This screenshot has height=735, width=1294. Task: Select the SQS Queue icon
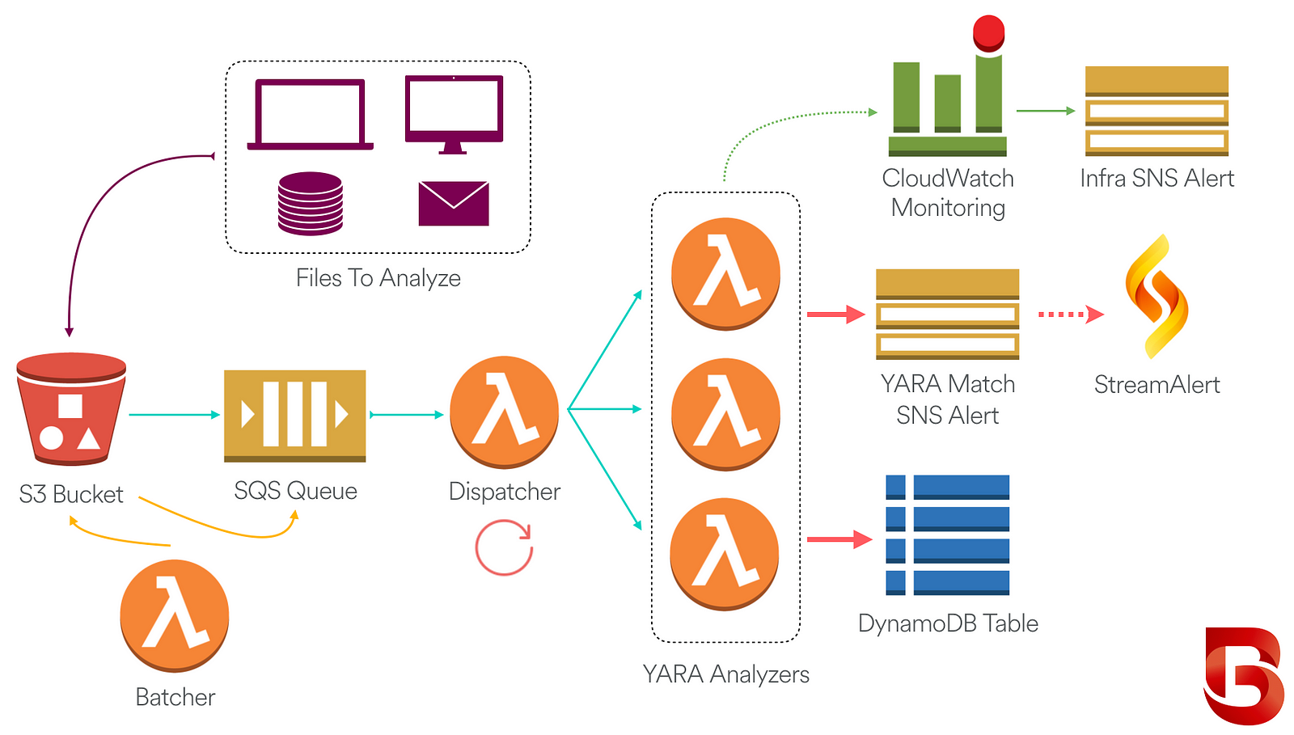(x=294, y=416)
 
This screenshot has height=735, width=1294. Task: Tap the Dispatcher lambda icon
(x=505, y=412)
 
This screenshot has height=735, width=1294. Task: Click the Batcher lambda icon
(x=175, y=615)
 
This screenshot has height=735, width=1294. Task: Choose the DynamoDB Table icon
(x=947, y=535)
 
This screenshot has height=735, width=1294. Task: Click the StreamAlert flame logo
(x=1157, y=297)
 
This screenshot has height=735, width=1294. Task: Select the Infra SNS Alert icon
(x=1157, y=111)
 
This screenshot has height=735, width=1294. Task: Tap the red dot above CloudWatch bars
(x=988, y=33)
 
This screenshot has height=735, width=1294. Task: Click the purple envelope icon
(x=454, y=203)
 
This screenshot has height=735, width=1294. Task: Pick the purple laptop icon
(x=311, y=114)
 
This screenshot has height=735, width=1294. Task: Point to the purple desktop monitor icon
(x=454, y=114)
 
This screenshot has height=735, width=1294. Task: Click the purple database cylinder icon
(x=311, y=203)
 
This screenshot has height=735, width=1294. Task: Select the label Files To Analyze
(x=378, y=278)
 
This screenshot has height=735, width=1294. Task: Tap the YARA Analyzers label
(x=725, y=674)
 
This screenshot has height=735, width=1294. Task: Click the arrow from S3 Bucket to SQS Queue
(x=175, y=415)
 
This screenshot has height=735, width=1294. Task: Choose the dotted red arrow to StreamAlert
(x=1071, y=314)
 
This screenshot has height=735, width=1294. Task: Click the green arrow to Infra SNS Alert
(x=1046, y=110)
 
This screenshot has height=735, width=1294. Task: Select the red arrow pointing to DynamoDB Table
(x=839, y=539)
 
